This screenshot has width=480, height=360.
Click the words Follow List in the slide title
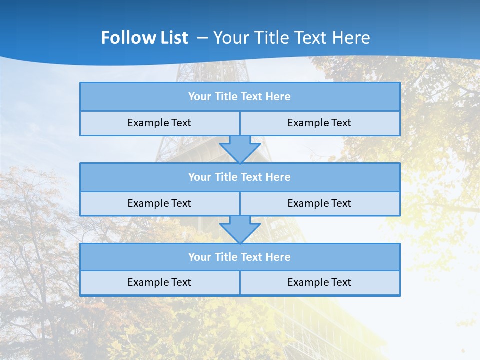pos(144,38)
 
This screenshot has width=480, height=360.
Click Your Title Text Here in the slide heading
pos(291,38)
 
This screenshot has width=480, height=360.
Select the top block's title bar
pos(240,97)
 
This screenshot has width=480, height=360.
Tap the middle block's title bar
pos(240,177)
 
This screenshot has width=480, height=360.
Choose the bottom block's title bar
pos(240,257)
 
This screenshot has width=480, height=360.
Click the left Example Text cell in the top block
pos(159,123)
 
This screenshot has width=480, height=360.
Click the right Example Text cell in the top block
pos(319,123)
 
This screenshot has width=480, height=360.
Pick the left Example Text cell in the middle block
pos(159,203)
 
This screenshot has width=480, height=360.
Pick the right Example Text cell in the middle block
pos(319,203)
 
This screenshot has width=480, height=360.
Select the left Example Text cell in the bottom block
pos(159,282)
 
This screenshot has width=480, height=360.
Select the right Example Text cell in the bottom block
pos(319,282)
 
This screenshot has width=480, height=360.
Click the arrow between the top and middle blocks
pos(240,149)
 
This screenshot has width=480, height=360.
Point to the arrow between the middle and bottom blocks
pos(240,229)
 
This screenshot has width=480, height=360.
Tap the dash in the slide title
pos(202,38)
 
